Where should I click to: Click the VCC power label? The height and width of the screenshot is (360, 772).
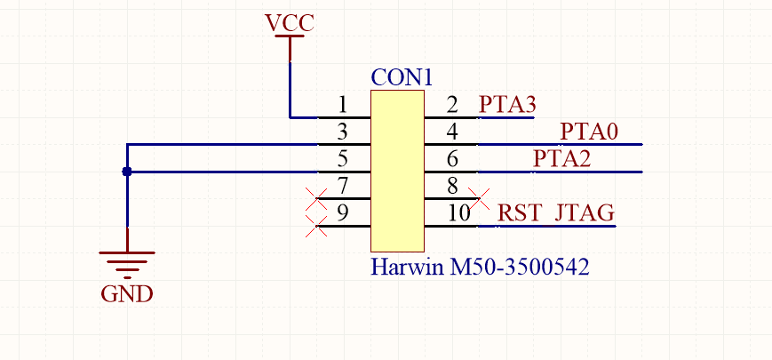(290, 23)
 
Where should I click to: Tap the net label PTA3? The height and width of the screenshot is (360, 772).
(506, 105)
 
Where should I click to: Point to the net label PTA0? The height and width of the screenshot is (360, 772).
(588, 132)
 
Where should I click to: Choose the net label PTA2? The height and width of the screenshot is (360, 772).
(561, 160)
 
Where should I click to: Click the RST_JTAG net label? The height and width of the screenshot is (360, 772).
(556, 214)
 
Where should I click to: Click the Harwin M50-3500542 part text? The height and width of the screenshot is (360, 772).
(480, 266)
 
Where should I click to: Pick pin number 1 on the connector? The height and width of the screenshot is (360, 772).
(343, 106)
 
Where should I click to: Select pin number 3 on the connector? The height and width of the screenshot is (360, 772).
(343, 132)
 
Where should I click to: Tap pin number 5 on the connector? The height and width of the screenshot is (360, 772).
(343, 160)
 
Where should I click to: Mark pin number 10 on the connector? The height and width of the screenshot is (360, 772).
(458, 214)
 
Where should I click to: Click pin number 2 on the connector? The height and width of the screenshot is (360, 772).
(452, 106)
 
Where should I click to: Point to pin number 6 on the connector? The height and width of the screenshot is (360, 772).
(452, 160)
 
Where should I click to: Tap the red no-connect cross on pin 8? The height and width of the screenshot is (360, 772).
(481, 197)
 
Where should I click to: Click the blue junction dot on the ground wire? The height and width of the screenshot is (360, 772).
(127, 172)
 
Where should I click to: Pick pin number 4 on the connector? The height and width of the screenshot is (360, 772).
(452, 132)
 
